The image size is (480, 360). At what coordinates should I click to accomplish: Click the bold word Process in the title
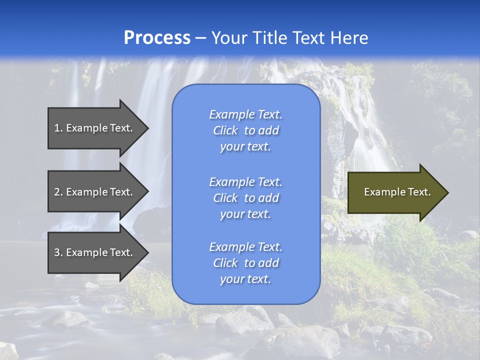(x=157, y=38)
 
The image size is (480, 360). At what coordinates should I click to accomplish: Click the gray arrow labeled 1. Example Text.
(x=95, y=128)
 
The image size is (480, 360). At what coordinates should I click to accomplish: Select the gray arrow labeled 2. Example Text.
(x=95, y=192)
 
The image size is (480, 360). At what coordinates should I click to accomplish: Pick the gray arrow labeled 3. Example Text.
(x=95, y=252)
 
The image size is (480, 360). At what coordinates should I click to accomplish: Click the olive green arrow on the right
(x=395, y=192)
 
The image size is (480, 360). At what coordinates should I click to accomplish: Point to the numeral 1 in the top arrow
(x=56, y=128)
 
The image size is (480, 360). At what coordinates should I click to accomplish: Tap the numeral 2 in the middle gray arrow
(x=57, y=192)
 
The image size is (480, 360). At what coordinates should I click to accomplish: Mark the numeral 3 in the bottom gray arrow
(x=57, y=252)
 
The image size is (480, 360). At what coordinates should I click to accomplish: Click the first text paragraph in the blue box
(x=245, y=130)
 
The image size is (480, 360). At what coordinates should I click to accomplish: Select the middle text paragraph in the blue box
(x=245, y=198)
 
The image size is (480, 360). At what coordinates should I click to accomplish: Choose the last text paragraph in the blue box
(x=245, y=263)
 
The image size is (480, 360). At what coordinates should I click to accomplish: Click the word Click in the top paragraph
(x=225, y=130)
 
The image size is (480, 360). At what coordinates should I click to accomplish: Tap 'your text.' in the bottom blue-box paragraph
(x=245, y=279)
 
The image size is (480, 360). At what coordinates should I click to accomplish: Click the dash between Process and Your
(x=200, y=38)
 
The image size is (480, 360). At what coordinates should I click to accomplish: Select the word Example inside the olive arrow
(x=381, y=192)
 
